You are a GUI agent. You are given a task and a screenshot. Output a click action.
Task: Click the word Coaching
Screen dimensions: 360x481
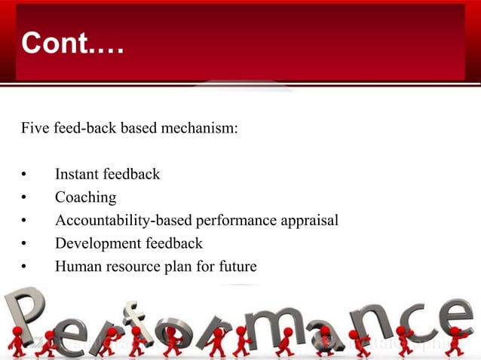tap(85, 198)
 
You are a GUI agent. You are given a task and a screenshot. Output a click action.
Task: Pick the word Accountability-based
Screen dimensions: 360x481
tap(123, 221)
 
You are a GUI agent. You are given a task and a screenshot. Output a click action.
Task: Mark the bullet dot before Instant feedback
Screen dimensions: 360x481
tap(24, 175)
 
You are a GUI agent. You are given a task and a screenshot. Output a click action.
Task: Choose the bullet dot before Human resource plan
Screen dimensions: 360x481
tap(24, 267)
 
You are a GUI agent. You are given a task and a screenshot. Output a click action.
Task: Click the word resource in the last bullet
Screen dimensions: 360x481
tap(139, 267)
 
